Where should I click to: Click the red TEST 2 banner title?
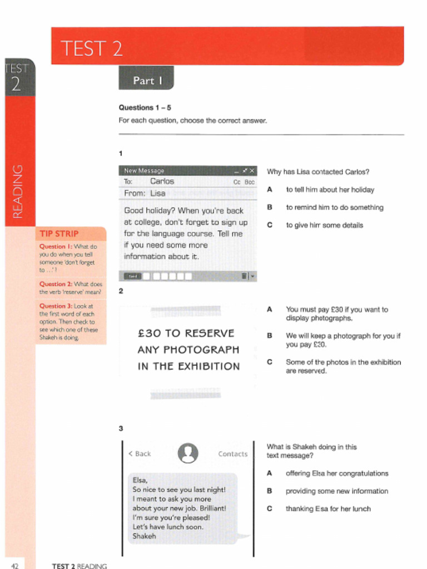pyautogui.click(x=91, y=48)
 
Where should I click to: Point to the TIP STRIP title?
pyautogui.click(x=59, y=234)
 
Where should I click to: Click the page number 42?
pyautogui.click(x=15, y=566)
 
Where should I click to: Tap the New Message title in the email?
pyautogui.click(x=144, y=171)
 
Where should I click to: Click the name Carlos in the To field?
pyautogui.click(x=162, y=182)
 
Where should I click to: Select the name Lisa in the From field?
pyautogui.click(x=158, y=193)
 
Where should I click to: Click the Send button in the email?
pyautogui.click(x=132, y=276)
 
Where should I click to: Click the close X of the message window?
pyautogui.click(x=252, y=171)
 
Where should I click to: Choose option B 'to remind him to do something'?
pyautogui.click(x=334, y=207)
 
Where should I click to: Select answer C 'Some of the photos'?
pyautogui.click(x=343, y=366)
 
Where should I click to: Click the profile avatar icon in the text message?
pyautogui.click(x=188, y=453)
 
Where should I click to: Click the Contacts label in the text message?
pyautogui.click(x=232, y=454)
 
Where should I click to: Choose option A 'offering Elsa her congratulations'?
pyautogui.click(x=337, y=473)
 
